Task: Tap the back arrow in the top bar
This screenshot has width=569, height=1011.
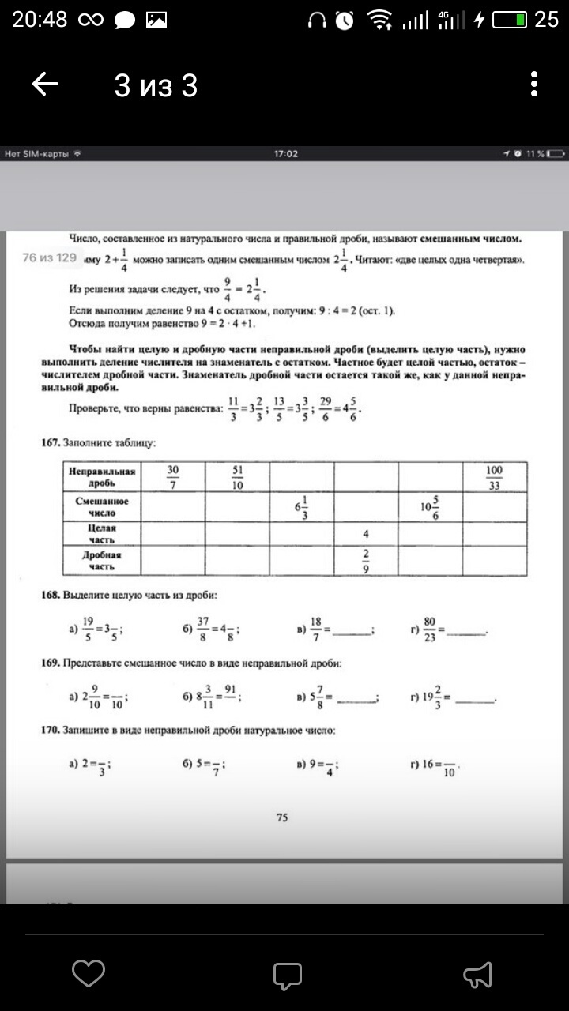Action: [46, 85]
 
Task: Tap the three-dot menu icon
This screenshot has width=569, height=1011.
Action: [534, 85]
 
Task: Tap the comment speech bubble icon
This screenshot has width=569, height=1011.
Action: [288, 975]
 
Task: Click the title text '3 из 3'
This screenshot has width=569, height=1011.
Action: [156, 85]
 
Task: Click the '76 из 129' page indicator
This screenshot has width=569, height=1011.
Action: [49, 257]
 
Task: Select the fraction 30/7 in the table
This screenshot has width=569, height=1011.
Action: [173, 477]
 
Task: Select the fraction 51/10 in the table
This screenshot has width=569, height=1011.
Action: [237, 477]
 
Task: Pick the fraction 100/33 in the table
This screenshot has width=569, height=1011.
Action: [495, 477]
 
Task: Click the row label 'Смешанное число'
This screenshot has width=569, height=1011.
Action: [102, 507]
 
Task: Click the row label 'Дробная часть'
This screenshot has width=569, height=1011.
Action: [102, 561]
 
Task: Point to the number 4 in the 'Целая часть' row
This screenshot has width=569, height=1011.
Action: [365, 534]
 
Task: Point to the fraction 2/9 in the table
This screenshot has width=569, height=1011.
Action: [365, 561]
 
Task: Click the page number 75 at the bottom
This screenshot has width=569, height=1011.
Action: [282, 818]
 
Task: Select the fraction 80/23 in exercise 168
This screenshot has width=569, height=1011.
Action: [429, 630]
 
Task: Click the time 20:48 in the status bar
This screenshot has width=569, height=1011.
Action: [40, 20]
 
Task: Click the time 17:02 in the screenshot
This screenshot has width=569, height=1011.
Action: [285, 153]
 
